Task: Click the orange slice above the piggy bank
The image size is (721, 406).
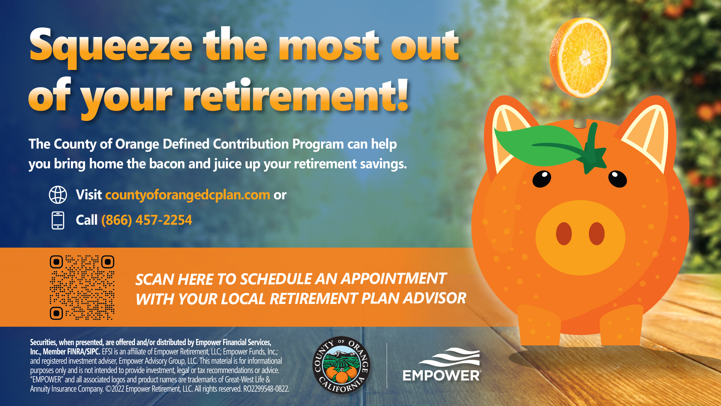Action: point(580,58)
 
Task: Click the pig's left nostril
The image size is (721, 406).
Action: point(564,234)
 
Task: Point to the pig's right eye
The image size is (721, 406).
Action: point(617,179)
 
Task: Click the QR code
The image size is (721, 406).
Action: point(82,288)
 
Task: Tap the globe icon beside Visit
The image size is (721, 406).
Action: point(58,195)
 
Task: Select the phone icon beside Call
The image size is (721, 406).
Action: point(58,220)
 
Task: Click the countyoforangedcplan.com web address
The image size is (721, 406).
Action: point(188,195)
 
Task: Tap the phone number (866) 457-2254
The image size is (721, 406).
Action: point(147,220)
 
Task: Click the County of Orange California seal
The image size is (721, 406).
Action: point(341,365)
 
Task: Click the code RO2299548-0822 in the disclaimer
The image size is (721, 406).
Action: point(266,389)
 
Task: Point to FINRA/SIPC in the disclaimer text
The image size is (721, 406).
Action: point(84,352)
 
